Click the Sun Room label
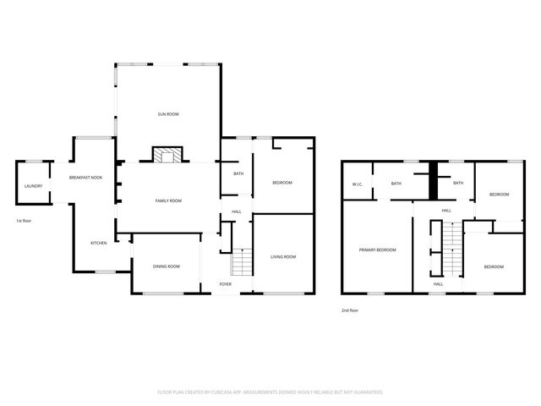168,113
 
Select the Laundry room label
33,186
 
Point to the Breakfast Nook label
85,178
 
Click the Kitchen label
99,244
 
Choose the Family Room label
168,200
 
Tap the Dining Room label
166,266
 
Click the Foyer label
226,284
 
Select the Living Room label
283,256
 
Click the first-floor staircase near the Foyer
243,262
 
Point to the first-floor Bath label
238,173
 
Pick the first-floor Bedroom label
281,183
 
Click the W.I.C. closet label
357,184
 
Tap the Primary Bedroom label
377,250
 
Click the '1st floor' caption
24,221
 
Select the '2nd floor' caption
350,310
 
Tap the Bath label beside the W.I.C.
396,183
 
